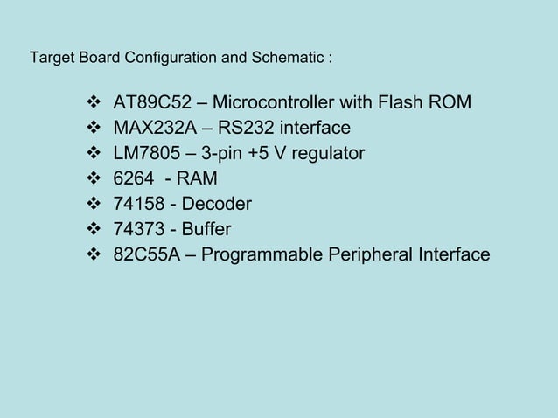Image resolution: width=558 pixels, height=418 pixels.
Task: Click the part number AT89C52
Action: pyautogui.click(x=151, y=104)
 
